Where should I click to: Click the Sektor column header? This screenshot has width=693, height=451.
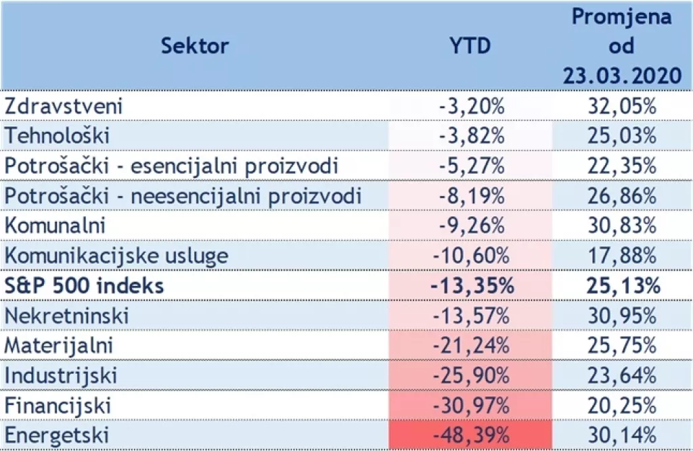(195, 46)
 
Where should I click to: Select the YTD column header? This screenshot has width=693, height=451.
(470, 46)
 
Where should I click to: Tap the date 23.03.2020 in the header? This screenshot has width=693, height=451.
(621, 75)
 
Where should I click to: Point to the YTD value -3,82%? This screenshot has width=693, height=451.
(472, 135)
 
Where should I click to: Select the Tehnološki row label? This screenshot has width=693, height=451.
(57, 135)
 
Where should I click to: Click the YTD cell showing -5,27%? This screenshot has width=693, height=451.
(472, 166)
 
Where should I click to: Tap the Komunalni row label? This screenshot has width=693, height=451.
(56, 226)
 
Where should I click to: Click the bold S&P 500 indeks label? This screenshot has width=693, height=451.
(84, 286)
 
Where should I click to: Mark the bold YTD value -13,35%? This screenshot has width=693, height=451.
(471, 286)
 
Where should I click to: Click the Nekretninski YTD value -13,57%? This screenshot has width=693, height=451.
(471, 316)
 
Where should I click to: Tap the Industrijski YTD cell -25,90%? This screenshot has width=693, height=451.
(471, 376)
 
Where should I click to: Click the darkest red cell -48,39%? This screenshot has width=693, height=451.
(471, 435)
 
